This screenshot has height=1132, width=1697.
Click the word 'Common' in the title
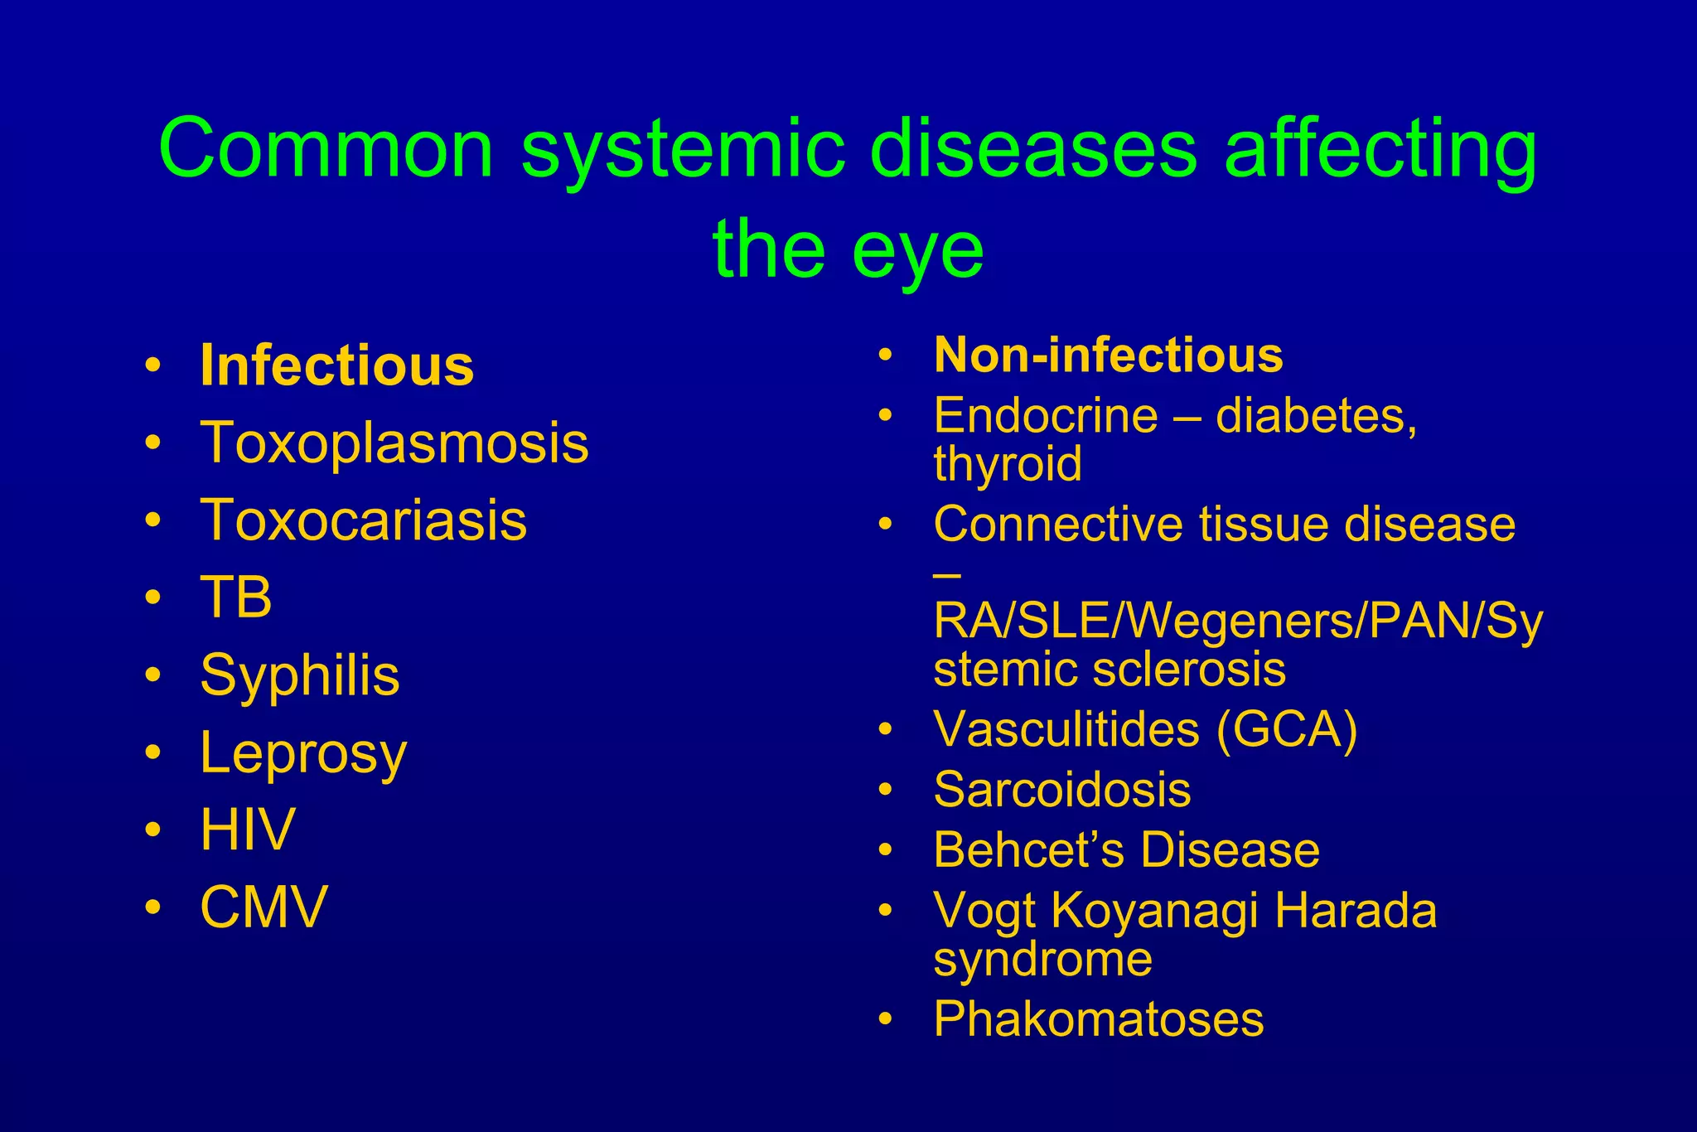point(326,149)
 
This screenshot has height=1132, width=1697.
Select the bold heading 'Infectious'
point(337,365)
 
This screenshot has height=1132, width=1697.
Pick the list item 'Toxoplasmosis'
point(394,443)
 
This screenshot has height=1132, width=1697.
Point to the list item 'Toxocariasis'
point(364,520)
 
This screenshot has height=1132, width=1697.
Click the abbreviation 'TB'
point(236,597)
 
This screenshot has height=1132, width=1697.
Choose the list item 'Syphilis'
point(300,675)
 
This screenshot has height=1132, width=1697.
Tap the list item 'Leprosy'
point(303,753)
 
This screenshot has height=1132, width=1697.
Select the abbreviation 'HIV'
point(248,829)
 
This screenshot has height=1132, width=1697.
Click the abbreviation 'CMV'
point(264,907)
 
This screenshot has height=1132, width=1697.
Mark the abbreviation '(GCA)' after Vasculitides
point(1287,729)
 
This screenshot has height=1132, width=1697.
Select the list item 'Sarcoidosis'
point(1062,789)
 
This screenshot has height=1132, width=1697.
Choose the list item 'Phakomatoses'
point(1099,1018)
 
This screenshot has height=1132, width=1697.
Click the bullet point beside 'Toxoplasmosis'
point(152,443)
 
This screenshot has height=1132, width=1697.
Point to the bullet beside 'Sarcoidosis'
point(886,791)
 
